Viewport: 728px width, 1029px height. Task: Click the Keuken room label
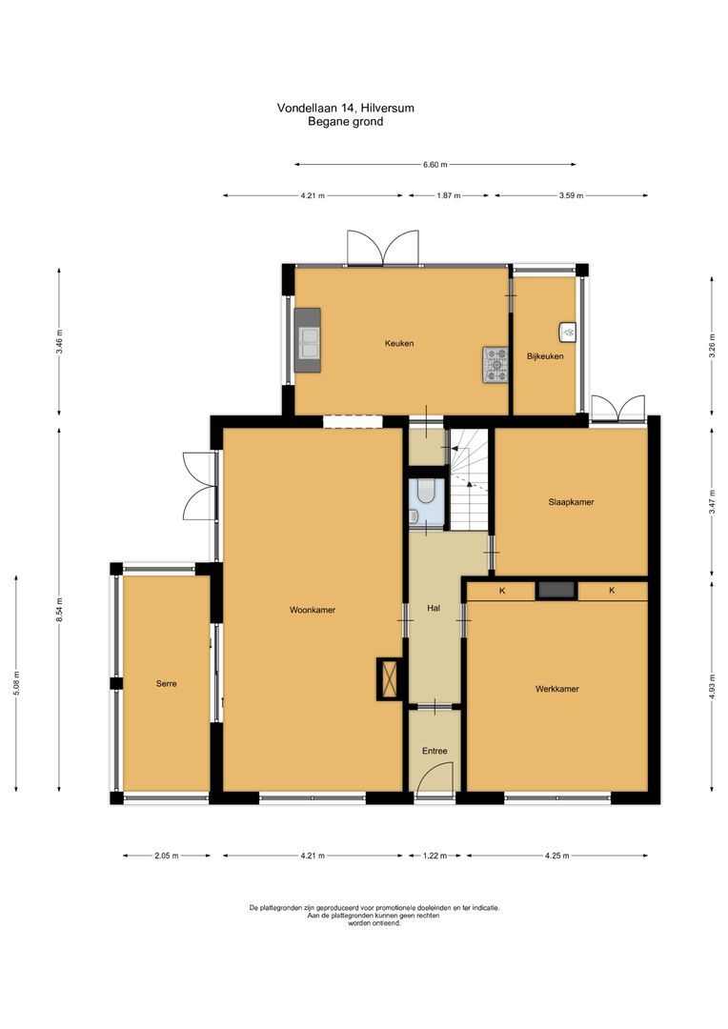pos(399,343)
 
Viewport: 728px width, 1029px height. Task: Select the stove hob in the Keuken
pos(496,364)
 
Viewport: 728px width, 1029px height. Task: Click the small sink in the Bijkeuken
pos(568,332)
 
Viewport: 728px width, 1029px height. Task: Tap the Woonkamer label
pos(312,610)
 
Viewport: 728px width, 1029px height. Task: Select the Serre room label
pos(167,683)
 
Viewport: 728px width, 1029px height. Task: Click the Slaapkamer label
pos(571,501)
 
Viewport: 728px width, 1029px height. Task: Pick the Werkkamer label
pos(556,688)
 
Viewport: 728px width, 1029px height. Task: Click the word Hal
pos(434,608)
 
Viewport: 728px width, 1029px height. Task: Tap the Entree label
pos(435,751)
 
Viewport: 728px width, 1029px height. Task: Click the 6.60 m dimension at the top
pos(435,164)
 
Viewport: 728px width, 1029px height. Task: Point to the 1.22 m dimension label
pos(434,856)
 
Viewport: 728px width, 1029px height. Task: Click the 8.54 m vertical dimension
pos(59,607)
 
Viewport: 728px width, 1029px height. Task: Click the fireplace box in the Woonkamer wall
pos(389,678)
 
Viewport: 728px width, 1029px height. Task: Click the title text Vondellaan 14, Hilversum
pos(345,108)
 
